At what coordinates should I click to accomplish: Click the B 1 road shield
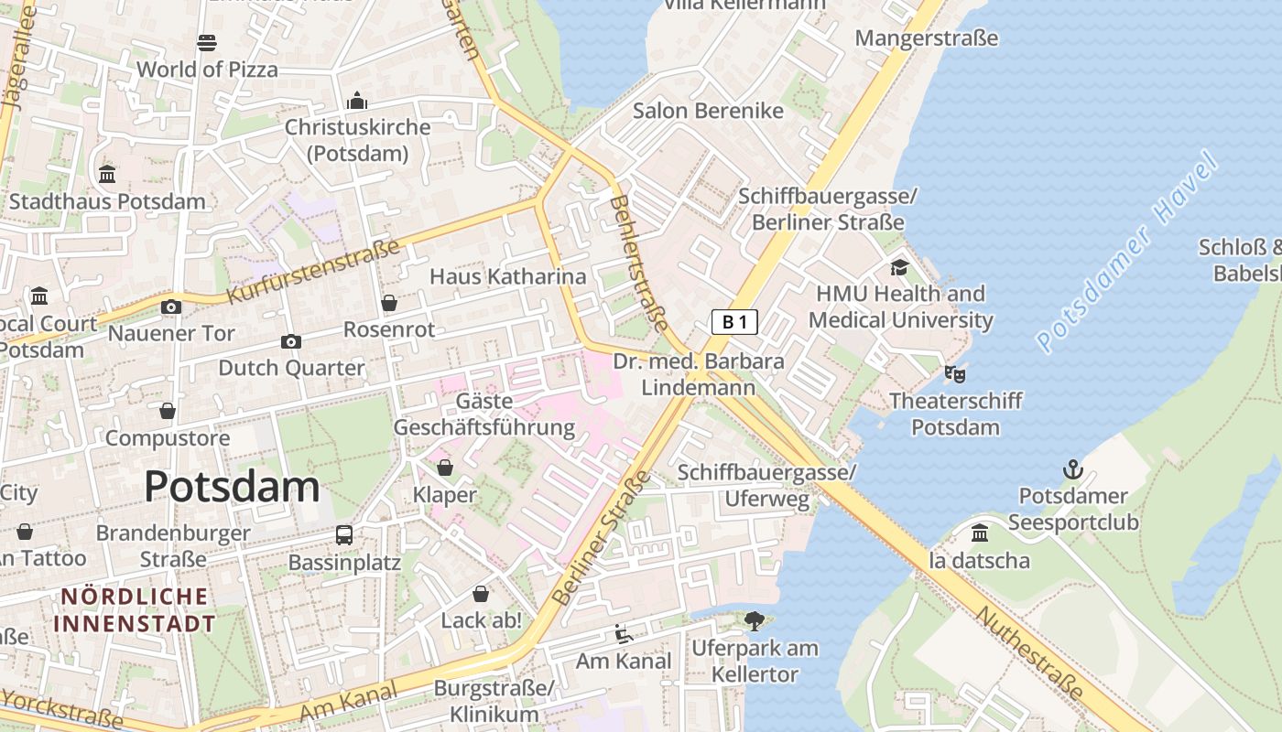(x=734, y=321)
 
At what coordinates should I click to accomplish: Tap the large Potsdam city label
(x=232, y=486)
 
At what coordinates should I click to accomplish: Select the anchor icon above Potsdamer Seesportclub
(x=1072, y=470)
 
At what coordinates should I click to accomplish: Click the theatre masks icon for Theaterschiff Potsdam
(x=955, y=373)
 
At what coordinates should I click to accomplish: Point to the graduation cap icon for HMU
(x=899, y=267)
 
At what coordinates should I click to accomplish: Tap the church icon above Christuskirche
(x=357, y=100)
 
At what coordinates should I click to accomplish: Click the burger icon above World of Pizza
(x=207, y=42)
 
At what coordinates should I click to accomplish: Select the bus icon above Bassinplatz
(x=344, y=534)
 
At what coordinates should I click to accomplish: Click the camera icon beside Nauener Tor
(x=171, y=307)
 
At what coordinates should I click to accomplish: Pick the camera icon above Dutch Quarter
(x=291, y=341)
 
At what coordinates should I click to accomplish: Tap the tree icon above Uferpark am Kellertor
(x=755, y=621)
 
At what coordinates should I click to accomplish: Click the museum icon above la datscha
(x=980, y=533)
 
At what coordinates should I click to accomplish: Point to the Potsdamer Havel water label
(x=1128, y=253)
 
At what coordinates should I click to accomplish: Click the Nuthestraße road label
(x=1040, y=654)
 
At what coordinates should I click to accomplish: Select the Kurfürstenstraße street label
(x=313, y=272)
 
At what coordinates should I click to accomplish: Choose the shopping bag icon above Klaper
(x=445, y=468)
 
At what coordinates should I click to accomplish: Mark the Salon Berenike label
(x=708, y=111)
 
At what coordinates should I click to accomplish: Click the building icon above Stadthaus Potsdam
(x=107, y=174)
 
